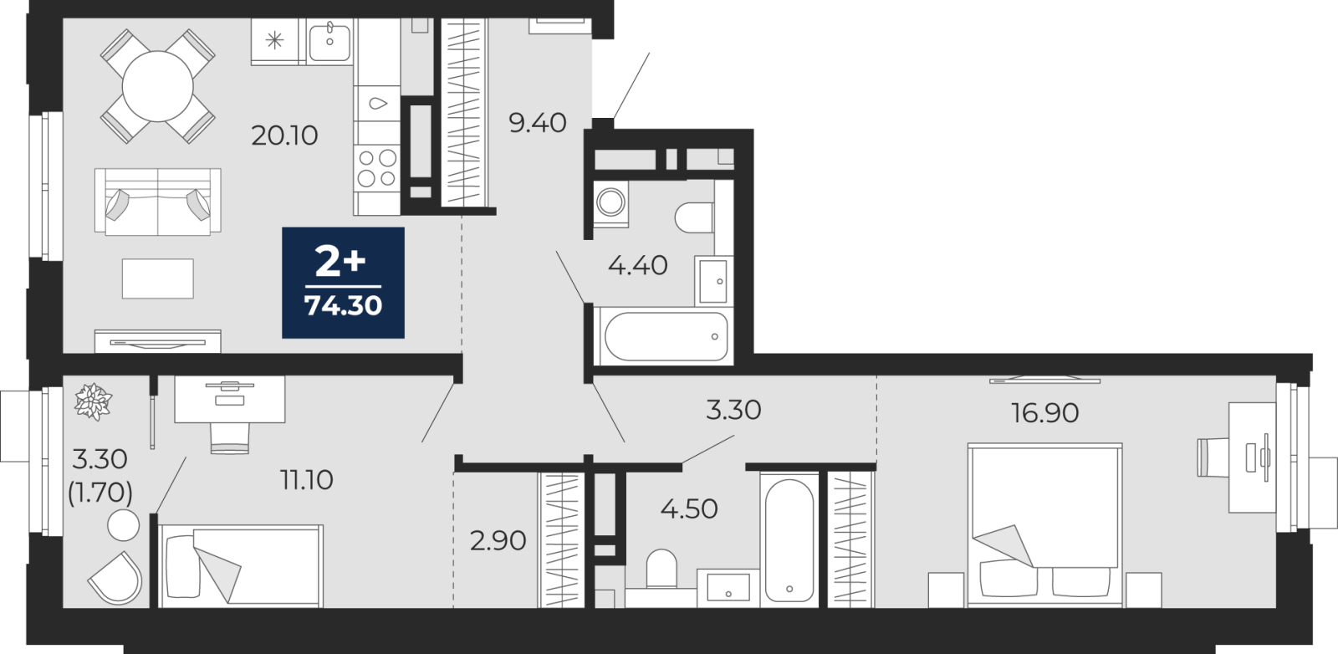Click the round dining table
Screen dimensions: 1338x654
158,87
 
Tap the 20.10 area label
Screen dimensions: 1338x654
284,136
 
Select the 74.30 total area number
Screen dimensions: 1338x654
343,306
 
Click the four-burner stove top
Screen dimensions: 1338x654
376,168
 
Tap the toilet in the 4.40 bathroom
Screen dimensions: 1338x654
695,218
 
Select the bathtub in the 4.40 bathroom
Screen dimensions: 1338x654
666,336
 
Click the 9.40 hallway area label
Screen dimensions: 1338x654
537,123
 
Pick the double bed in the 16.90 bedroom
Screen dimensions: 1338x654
1044,525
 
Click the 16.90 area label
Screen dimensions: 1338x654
1044,412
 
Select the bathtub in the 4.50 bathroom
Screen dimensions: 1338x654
789,540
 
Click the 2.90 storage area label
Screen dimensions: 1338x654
498,541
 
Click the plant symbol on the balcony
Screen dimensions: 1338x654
93,401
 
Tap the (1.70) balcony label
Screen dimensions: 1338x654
100,493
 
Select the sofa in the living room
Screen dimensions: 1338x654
158,202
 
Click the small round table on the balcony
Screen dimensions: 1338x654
123,525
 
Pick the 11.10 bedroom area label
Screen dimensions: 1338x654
306,480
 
